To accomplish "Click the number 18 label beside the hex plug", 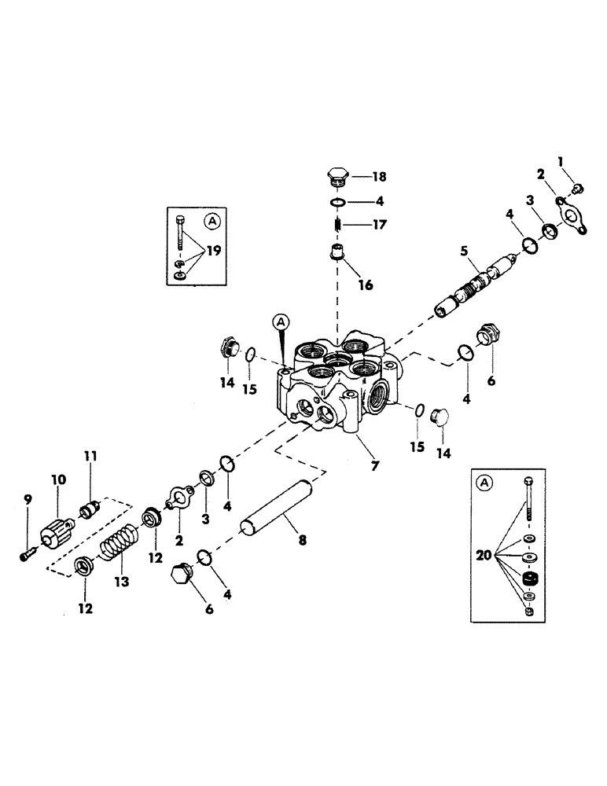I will (x=379, y=177).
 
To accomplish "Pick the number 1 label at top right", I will (x=561, y=162).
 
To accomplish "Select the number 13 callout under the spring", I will (x=121, y=582).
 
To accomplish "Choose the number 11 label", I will (x=89, y=455).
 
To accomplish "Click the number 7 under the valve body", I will (x=374, y=465).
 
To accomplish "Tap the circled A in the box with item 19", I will (x=212, y=222).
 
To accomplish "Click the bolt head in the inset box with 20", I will (x=528, y=482).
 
